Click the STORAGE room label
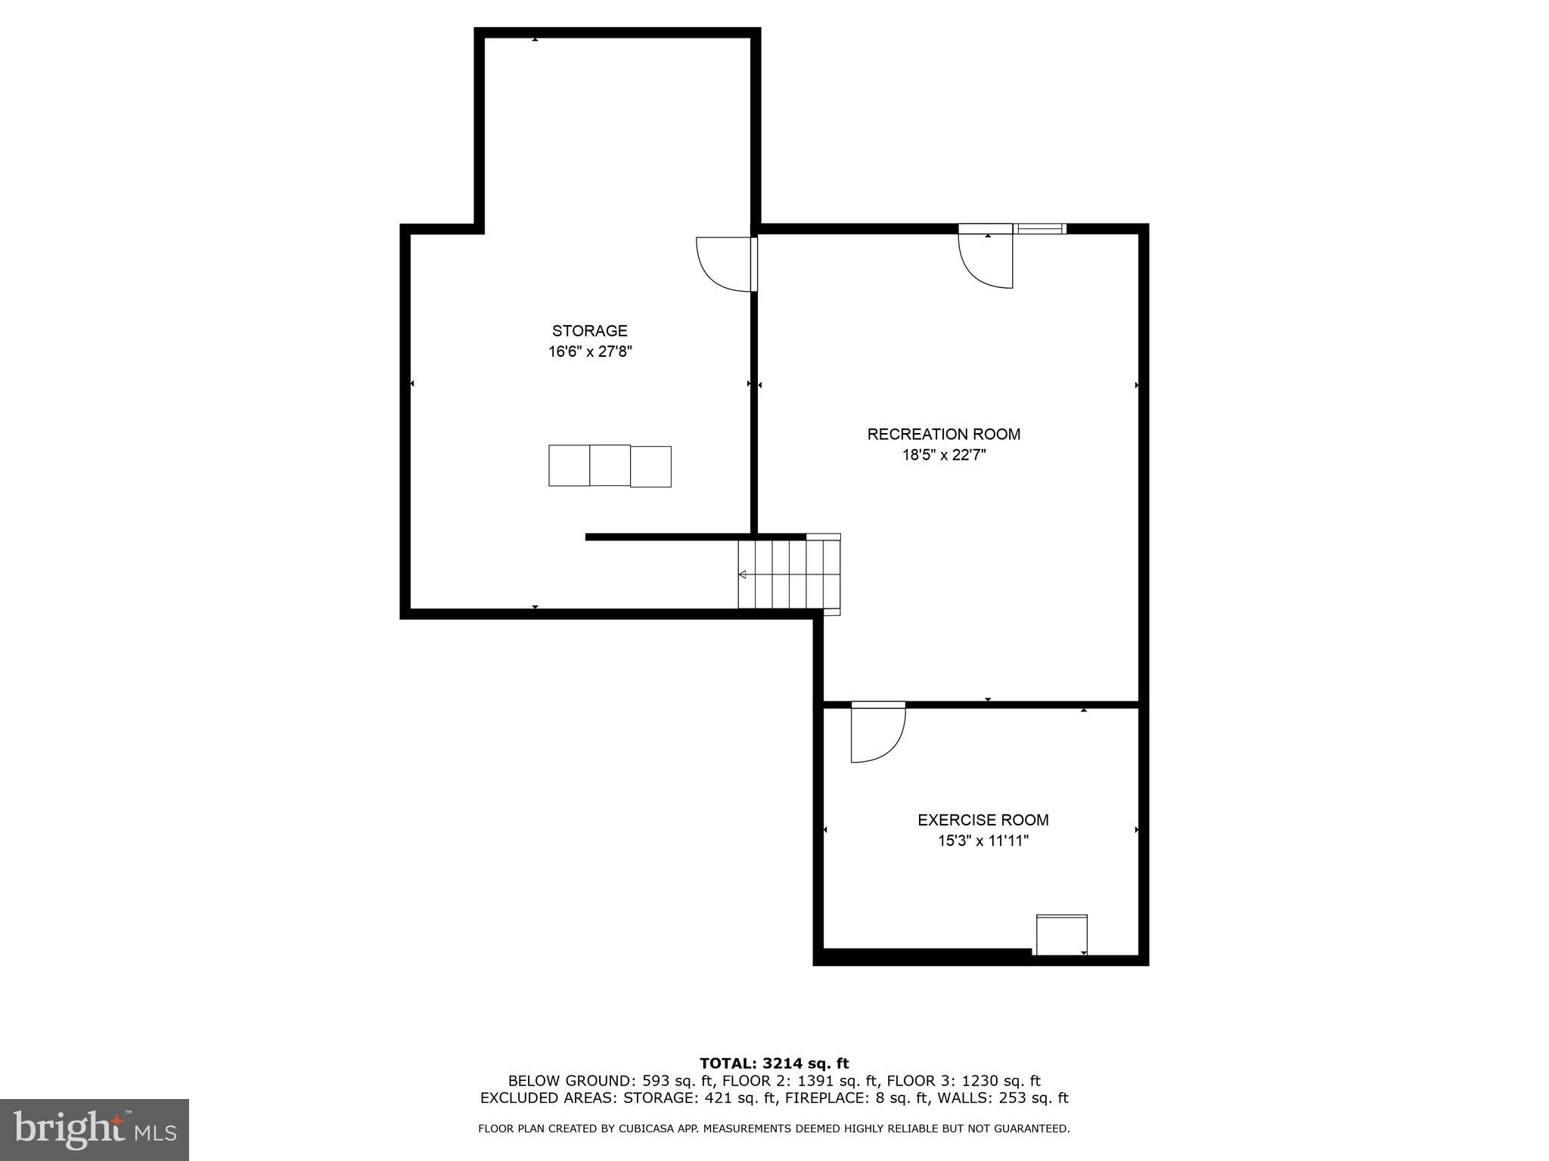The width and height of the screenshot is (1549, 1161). click(x=589, y=330)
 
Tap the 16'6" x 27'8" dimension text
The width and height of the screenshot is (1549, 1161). click(x=589, y=351)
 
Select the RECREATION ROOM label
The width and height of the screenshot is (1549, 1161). click(x=943, y=434)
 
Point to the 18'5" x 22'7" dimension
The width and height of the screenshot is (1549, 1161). click(x=943, y=455)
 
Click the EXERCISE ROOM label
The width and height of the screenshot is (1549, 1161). click(x=982, y=819)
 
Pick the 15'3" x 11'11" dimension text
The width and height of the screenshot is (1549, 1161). click(x=982, y=841)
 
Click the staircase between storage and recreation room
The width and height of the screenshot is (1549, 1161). click(x=790, y=574)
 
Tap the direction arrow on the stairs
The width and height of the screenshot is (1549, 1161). click(x=743, y=574)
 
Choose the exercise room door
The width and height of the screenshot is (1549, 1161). click(x=877, y=732)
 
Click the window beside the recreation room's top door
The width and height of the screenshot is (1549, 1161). click(x=1040, y=228)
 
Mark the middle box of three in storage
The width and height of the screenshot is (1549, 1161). click(x=610, y=465)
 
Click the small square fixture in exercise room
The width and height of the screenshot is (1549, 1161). click(x=1061, y=935)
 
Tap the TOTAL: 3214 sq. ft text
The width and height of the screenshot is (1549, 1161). click(x=774, y=1063)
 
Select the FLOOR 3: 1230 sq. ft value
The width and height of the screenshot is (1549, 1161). click(x=963, y=1081)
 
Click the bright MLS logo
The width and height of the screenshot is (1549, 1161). click(x=95, y=1129)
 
